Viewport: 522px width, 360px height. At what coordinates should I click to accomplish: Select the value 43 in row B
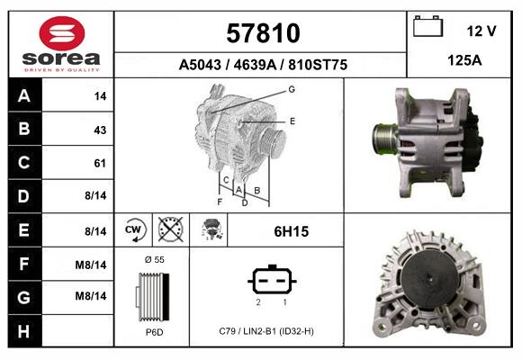100,130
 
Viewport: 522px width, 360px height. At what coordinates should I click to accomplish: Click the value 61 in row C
100,163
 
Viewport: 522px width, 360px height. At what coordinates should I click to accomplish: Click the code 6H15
291,231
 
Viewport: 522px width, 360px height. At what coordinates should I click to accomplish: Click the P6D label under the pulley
154,332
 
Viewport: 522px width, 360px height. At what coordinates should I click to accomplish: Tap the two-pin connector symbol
271,280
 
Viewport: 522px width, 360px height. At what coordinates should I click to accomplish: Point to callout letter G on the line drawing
292,89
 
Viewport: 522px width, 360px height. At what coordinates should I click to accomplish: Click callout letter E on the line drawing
292,120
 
